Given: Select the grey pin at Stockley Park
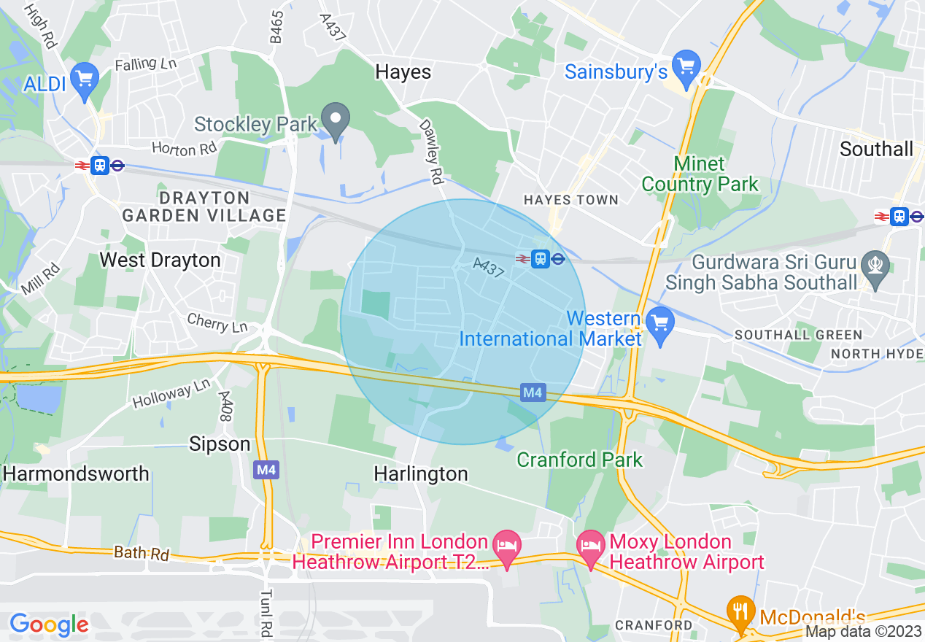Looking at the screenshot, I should pos(336,120).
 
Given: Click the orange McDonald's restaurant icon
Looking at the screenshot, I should pos(741,611).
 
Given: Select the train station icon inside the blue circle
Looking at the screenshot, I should pos(540,258).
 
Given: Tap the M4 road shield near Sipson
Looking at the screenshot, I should pos(266,470).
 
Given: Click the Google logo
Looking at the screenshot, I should pos(49,624).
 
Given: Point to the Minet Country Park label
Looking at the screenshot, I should pos(700,174).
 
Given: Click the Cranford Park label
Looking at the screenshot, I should pos(579,460).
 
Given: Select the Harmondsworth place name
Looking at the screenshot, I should pos(76,473).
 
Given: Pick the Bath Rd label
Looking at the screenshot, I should pos(142,553).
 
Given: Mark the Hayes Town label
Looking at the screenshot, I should pos(570,200).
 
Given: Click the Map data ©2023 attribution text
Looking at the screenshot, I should pos(864,632).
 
